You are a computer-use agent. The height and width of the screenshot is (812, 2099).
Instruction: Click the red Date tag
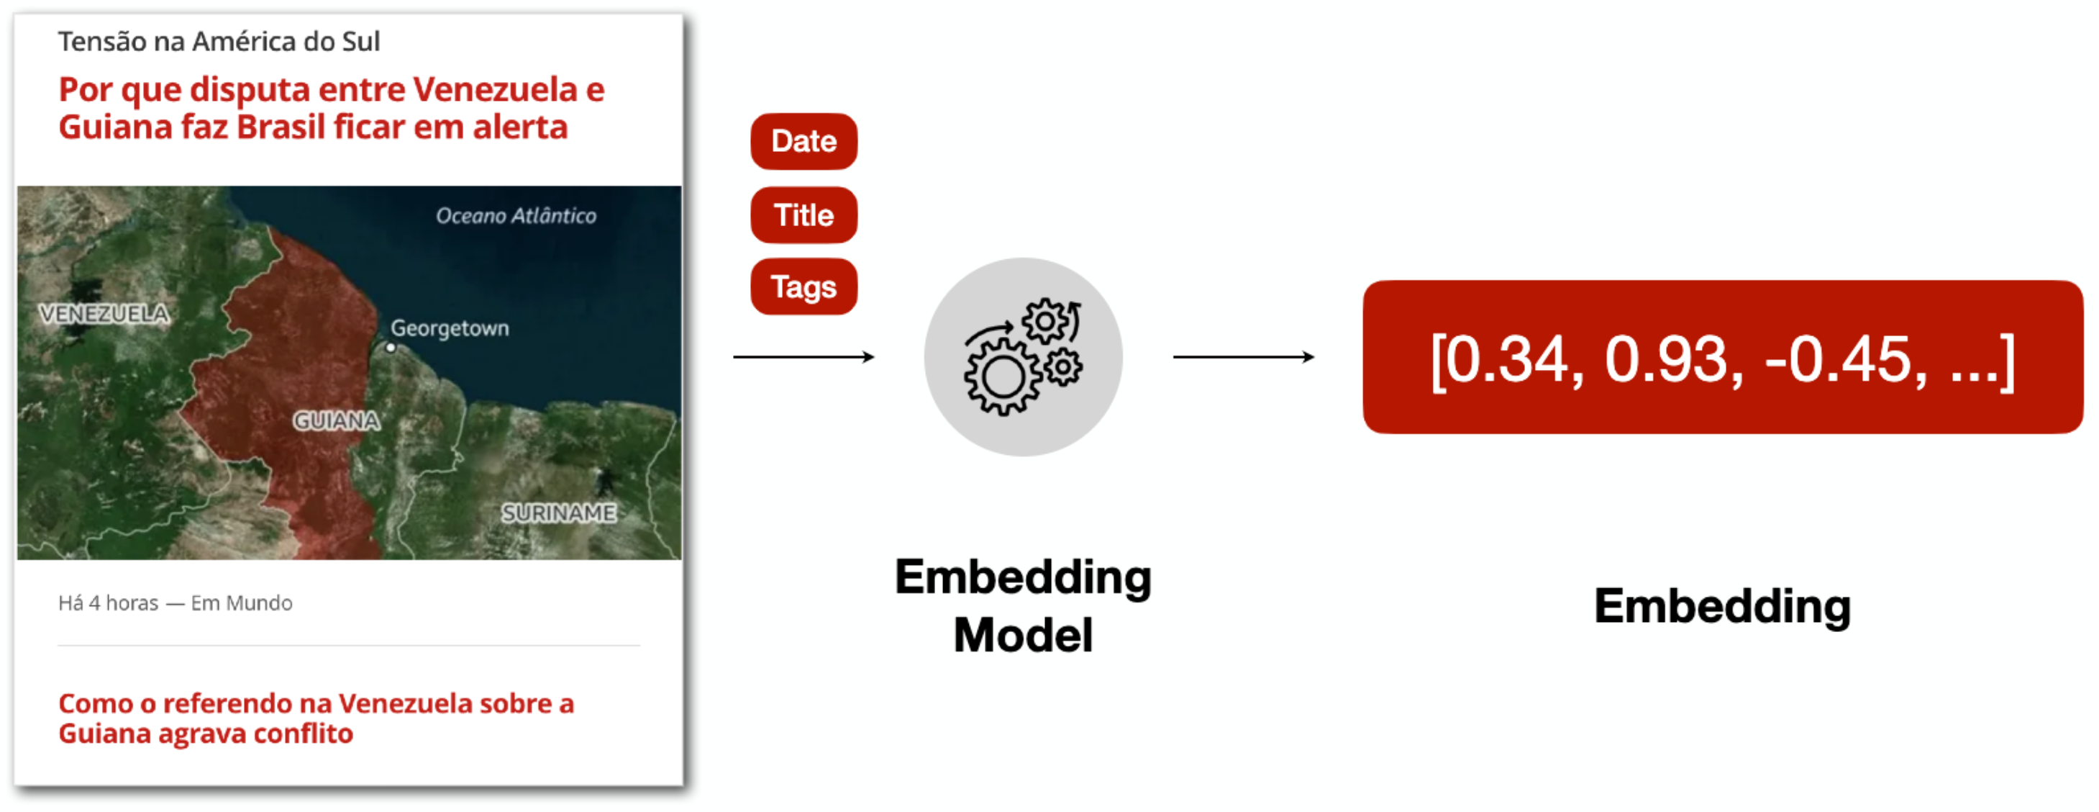pyautogui.click(x=803, y=141)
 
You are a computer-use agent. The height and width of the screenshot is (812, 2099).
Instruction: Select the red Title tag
pyautogui.click(x=803, y=215)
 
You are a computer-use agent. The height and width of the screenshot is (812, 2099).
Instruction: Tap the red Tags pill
pyautogui.click(x=803, y=287)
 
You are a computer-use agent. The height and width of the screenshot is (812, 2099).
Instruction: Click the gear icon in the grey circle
pyautogui.click(x=1023, y=357)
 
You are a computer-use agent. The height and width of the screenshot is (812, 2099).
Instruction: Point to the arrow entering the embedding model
pyautogui.click(x=803, y=356)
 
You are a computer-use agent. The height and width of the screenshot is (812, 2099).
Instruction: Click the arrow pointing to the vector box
pyautogui.click(x=1244, y=356)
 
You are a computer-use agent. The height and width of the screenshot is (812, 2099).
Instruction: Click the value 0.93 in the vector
pyautogui.click(x=1665, y=359)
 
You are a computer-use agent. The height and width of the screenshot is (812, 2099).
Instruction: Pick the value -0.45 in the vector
pyautogui.click(x=1837, y=359)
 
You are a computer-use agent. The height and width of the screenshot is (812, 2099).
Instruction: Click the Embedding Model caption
pyautogui.click(x=1023, y=605)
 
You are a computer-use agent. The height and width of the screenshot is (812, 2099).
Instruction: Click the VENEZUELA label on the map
pyautogui.click(x=104, y=314)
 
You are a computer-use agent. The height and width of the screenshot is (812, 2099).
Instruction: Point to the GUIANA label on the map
pyautogui.click(x=337, y=420)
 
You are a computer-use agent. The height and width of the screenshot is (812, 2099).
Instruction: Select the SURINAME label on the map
pyautogui.click(x=559, y=513)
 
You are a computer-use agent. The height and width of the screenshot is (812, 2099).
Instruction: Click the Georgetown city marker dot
pyautogui.click(x=391, y=347)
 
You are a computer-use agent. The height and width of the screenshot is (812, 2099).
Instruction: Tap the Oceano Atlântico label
pyautogui.click(x=516, y=216)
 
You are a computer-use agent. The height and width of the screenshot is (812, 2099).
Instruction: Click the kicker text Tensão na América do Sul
pyautogui.click(x=219, y=42)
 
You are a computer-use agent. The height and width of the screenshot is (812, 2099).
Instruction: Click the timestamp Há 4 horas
pyautogui.click(x=109, y=603)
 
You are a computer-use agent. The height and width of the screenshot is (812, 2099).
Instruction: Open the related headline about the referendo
pyautogui.click(x=317, y=718)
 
